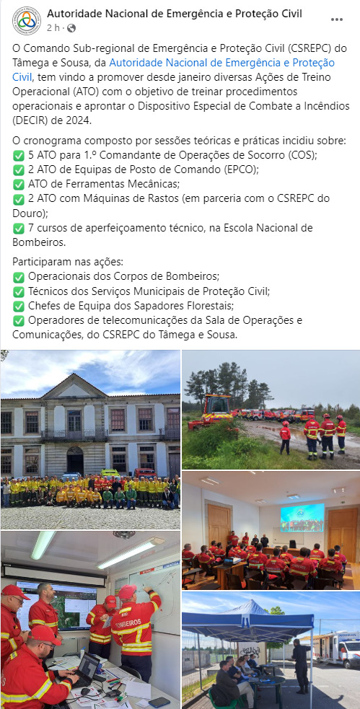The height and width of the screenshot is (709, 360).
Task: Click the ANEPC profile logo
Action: point(27,20)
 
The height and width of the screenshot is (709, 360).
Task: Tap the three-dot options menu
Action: point(336,19)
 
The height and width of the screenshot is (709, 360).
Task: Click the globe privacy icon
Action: point(71,28)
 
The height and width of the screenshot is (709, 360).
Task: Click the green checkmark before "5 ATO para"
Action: point(19,156)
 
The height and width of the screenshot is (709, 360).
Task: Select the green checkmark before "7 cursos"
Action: point(19,229)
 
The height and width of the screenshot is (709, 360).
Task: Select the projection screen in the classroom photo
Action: point(302,517)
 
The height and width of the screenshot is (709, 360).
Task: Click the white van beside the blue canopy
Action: point(337,649)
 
